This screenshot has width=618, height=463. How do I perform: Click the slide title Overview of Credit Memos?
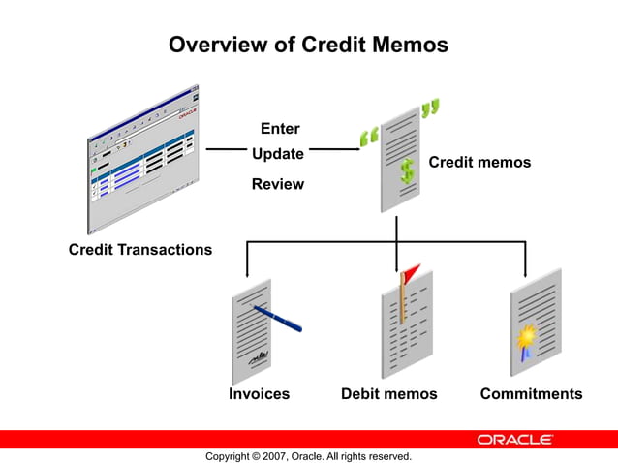[x=308, y=45]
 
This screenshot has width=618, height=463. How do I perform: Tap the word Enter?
[x=280, y=129]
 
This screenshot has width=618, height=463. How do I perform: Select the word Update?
[x=278, y=154]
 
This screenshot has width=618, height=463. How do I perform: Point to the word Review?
[x=278, y=184]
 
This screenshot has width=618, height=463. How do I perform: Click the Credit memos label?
[x=479, y=163]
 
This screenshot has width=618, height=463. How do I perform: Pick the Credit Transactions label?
[x=140, y=250]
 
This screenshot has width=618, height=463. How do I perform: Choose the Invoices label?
[x=259, y=394]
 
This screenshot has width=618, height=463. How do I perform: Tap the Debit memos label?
[x=388, y=394]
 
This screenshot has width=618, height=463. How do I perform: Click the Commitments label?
[x=531, y=394]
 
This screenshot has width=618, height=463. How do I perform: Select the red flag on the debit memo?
[x=412, y=271]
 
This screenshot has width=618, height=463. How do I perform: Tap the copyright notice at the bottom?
[x=308, y=456]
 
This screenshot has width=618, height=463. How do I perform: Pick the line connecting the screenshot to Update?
[x=227, y=149]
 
